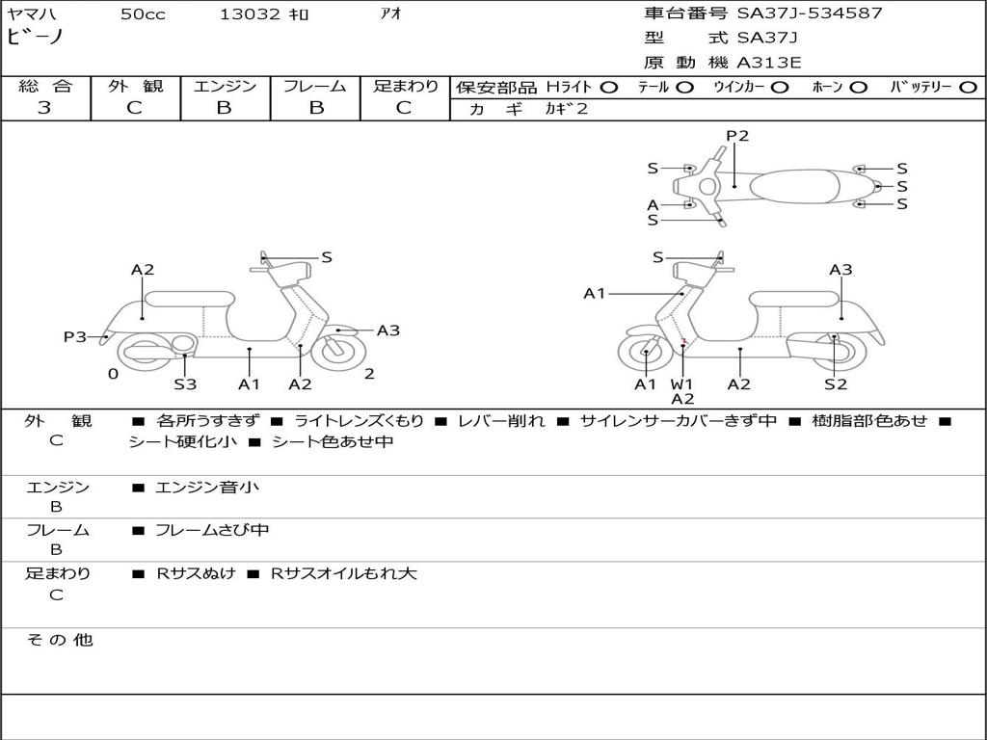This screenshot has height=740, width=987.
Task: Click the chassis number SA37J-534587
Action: point(810,13)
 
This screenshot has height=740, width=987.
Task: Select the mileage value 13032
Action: point(250,14)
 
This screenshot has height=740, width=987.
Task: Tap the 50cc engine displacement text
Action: point(143,14)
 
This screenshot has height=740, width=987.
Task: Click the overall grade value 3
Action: point(44,108)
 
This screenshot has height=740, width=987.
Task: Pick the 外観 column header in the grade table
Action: point(135,86)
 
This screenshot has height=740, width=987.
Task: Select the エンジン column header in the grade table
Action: point(225,86)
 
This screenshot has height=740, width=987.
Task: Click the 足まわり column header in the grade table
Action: point(405,86)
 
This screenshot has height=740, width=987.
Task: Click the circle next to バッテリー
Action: point(968,87)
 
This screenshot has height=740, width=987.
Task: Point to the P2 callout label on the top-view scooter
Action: point(737,136)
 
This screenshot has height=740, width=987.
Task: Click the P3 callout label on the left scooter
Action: point(75,336)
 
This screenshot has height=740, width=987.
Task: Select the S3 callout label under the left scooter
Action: point(185,384)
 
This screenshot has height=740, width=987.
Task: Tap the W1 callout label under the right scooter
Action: point(682,384)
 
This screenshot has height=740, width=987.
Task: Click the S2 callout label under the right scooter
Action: point(835,384)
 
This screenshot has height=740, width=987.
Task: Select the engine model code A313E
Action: point(769,63)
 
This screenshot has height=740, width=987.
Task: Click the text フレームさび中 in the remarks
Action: point(212,530)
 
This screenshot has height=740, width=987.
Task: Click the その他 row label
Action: point(59,640)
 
